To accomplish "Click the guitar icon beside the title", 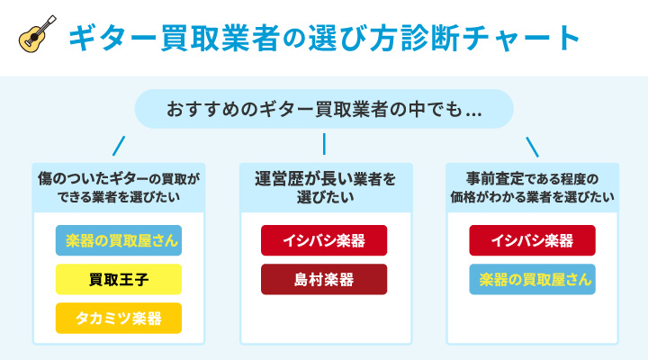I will pos(38,36).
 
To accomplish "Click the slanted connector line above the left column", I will pos(118,145).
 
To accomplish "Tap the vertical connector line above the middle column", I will pos(324,145).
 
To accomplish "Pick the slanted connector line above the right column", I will pos(532,145).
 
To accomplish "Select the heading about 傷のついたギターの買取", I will pos(118,187).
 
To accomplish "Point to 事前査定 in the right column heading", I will pos(491,178).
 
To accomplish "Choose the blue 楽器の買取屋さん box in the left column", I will pos(118,240).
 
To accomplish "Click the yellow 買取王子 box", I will pos(118,279).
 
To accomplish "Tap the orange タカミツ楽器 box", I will pos(118,318).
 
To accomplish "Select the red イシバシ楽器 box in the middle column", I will pos(324,240).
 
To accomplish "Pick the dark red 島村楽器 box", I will pos(324,279).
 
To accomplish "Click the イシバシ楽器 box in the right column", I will pos(532,240).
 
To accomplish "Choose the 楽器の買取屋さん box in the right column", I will pos(532,279).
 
